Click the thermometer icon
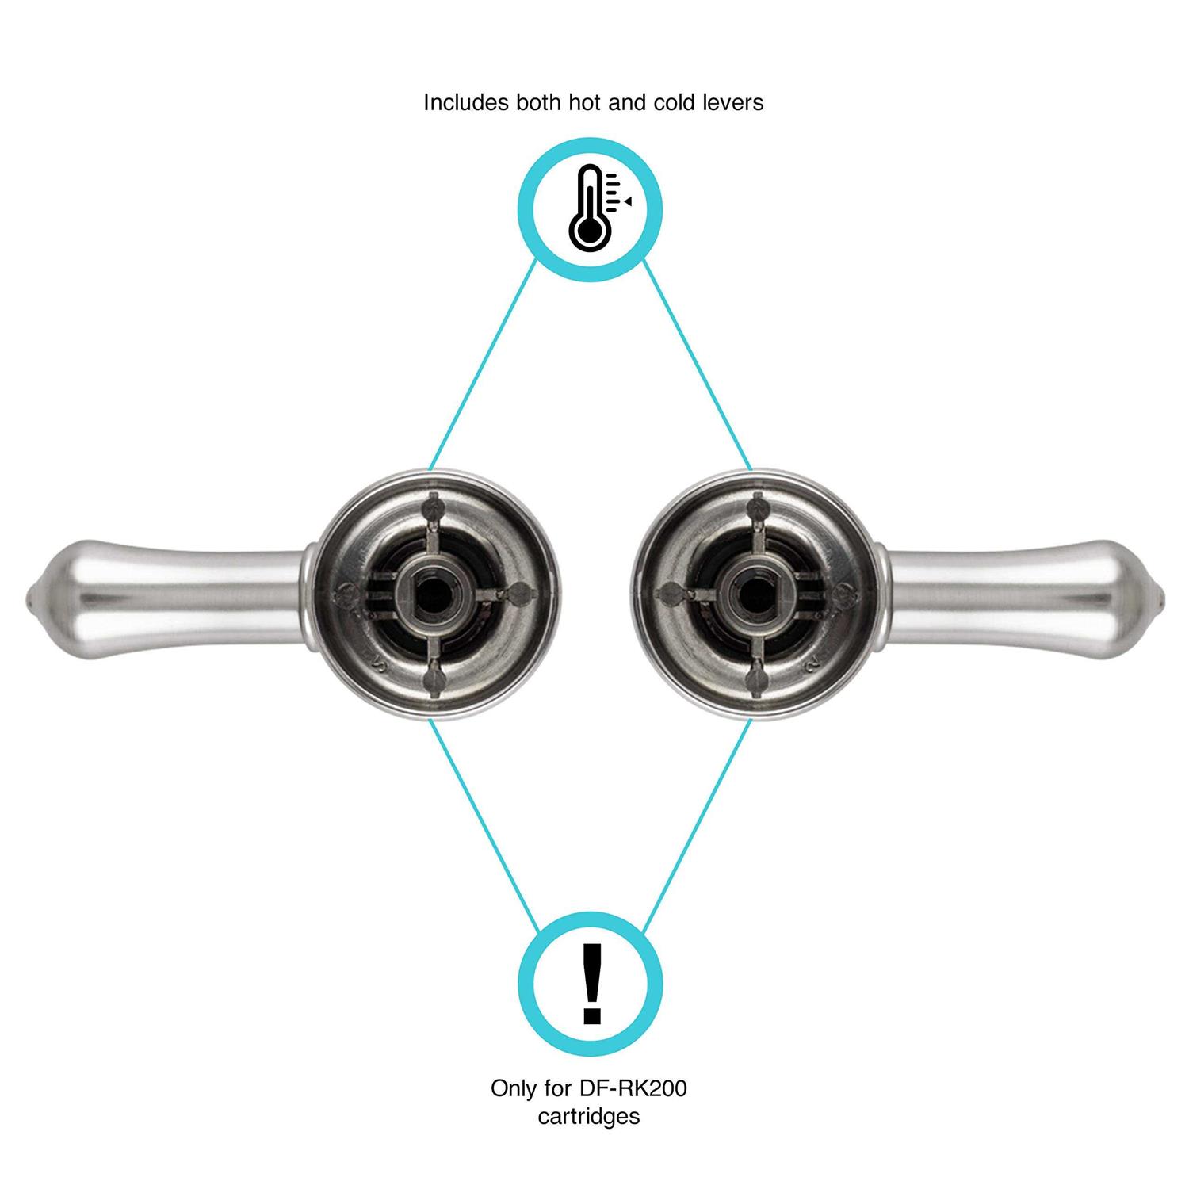[x=590, y=207]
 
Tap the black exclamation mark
[x=591, y=984]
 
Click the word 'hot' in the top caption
[x=567, y=103]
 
